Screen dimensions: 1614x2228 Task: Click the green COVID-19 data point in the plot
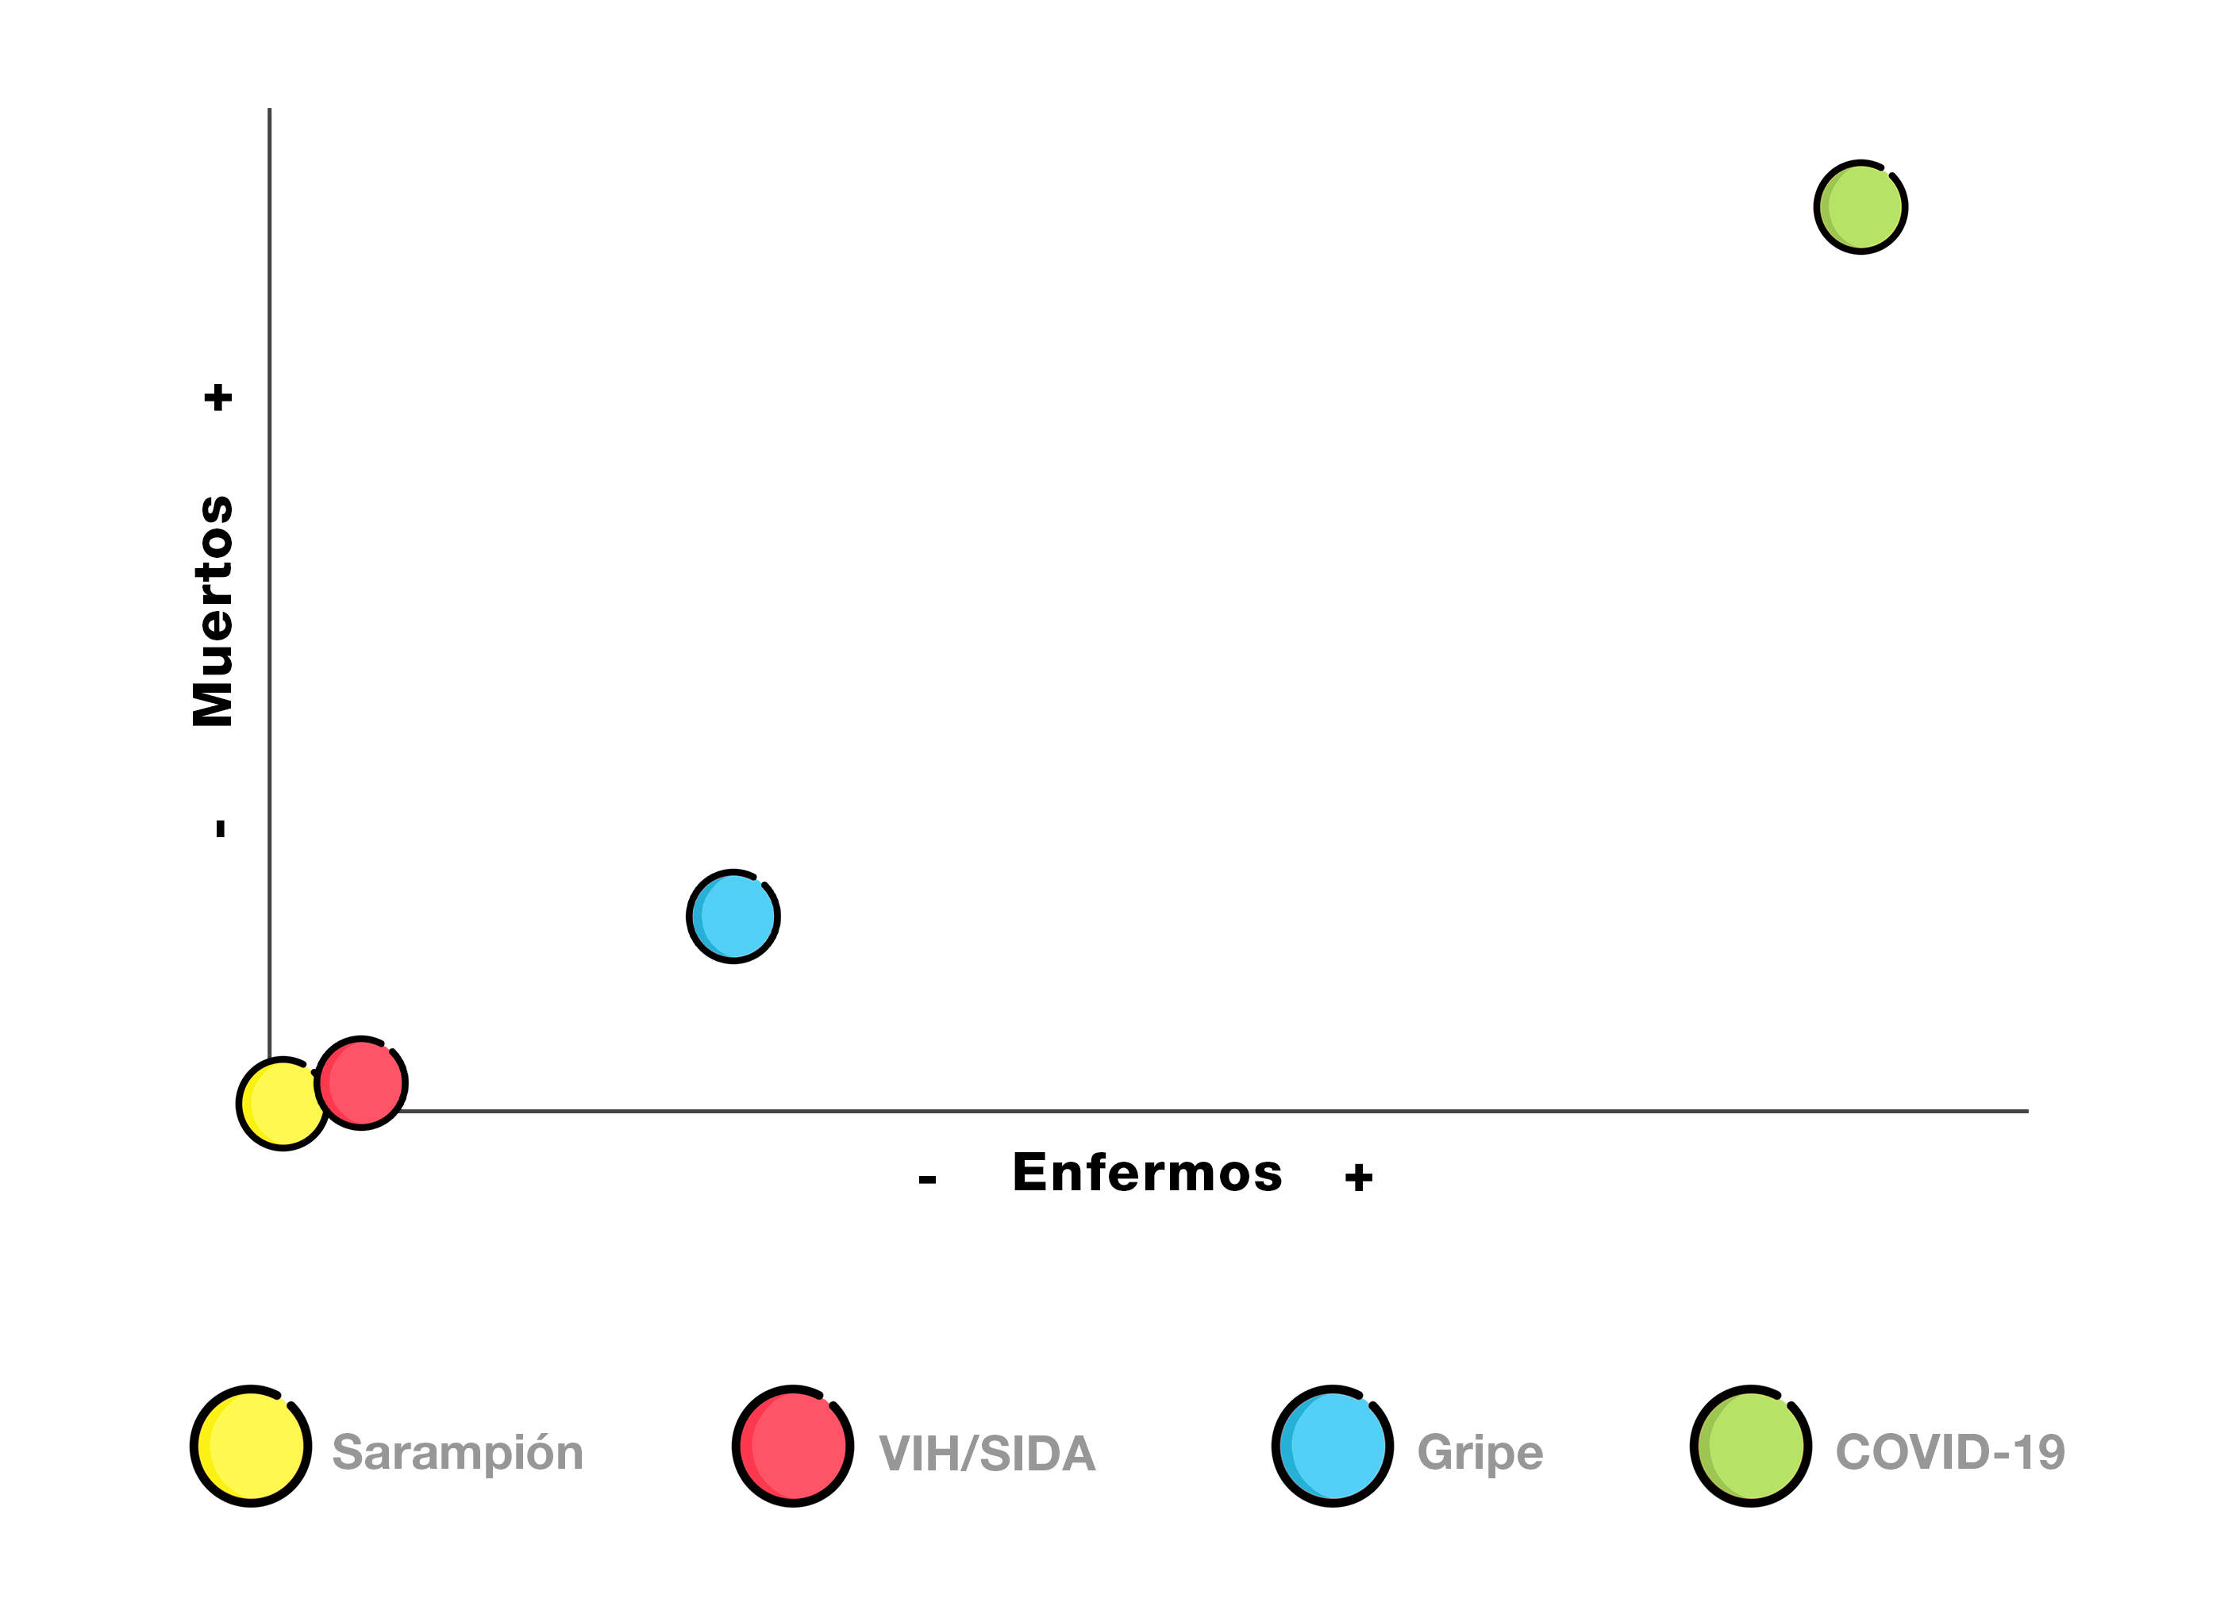tap(1861, 207)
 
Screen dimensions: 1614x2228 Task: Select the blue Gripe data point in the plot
tap(733, 917)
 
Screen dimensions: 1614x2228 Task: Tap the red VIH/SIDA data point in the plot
tap(361, 1082)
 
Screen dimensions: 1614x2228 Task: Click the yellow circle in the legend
tap(251, 1446)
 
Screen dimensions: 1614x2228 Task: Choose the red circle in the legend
tap(793, 1446)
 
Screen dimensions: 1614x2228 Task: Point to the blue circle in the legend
tap(1332, 1446)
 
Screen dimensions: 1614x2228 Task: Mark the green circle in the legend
tap(1751, 1446)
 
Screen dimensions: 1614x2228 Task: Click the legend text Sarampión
tap(458, 1453)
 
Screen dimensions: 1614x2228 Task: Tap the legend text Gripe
tap(1480, 1453)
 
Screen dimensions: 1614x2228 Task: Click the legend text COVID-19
tap(1950, 1452)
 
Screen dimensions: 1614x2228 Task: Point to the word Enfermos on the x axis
tap(1148, 1173)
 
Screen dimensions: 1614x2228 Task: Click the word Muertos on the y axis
tap(214, 611)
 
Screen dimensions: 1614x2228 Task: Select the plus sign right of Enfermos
tap(1359, 1177)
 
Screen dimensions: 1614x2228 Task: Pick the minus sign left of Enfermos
tap(927, 1179)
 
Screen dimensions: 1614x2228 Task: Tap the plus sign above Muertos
tap(218, 398)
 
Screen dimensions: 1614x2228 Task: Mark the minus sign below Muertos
tap(221, 828)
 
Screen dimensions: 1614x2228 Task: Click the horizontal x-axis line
tap(1179, 1111)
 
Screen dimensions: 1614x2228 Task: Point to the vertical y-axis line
tap(269, 590)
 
